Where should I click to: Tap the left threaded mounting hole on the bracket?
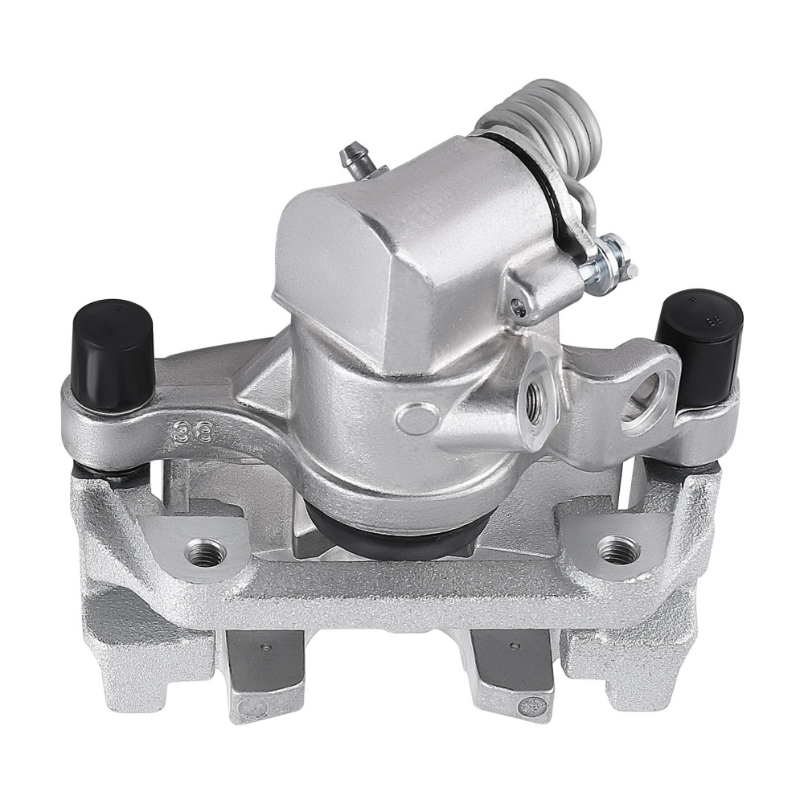[205, 552]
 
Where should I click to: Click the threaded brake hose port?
[531, 393]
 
